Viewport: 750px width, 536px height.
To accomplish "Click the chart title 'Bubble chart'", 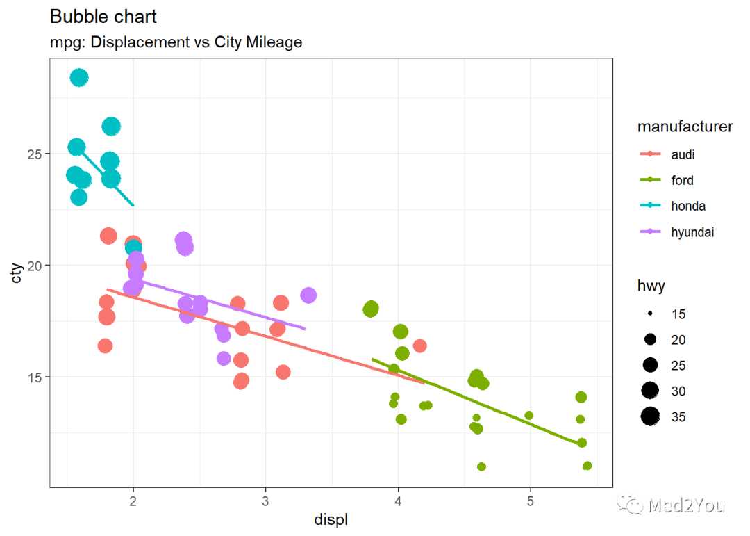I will coord(103,17).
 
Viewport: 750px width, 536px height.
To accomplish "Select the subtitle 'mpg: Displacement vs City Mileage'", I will coord(176,42).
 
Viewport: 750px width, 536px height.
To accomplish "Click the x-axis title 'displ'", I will coord(331,520).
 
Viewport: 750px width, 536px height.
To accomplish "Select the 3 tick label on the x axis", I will coord(265,501).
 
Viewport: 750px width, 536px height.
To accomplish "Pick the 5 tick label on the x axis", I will coord(531,501).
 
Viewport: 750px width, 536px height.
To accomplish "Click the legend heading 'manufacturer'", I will coord(685,127).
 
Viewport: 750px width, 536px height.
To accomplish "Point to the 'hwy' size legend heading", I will coord(651,286).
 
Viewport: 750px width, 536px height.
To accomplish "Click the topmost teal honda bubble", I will coord(79,77).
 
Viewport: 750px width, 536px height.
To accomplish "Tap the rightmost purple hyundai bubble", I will coord(308,295).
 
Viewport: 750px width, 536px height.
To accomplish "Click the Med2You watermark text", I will coord(686,505).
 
